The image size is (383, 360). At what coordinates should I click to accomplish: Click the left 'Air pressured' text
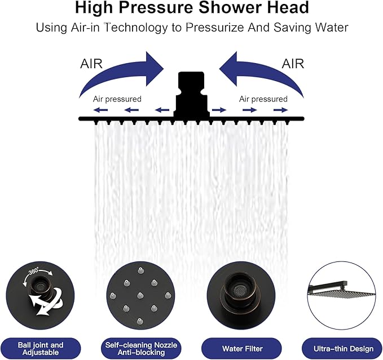[x=117, y=99]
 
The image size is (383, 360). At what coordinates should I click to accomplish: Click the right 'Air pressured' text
[x=263, y=99]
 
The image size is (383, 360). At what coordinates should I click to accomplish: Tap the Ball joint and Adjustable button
[x=41, y=349]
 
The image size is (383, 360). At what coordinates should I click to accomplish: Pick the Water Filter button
[x=240, y=349]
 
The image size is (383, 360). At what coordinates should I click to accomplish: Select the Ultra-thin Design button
[x=340, y=349]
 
